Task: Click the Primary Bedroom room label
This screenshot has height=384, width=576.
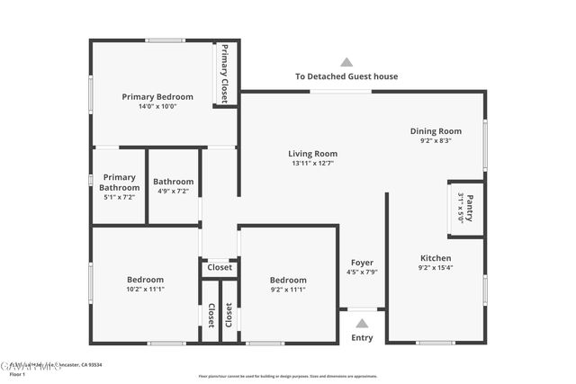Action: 157,97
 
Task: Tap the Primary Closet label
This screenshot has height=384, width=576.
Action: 224,74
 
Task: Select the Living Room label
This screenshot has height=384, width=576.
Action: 312,154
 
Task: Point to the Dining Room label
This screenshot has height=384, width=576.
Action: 436,131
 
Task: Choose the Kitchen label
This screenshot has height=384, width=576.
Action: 436,257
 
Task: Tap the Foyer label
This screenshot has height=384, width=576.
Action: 362,263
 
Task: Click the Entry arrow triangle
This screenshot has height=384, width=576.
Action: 362,323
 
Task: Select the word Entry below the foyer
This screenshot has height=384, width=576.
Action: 362,338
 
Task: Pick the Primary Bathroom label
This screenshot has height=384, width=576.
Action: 119,183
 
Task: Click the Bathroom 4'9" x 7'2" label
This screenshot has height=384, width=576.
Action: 173,181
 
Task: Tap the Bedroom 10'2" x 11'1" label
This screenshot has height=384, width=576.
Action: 145,280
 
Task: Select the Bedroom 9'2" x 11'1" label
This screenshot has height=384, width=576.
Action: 288,280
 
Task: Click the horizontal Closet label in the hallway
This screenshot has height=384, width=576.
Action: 220,267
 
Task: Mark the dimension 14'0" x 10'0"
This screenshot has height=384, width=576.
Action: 157,106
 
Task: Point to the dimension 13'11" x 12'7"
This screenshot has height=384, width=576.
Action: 312,163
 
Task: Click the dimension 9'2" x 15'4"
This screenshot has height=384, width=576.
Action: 436,267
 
